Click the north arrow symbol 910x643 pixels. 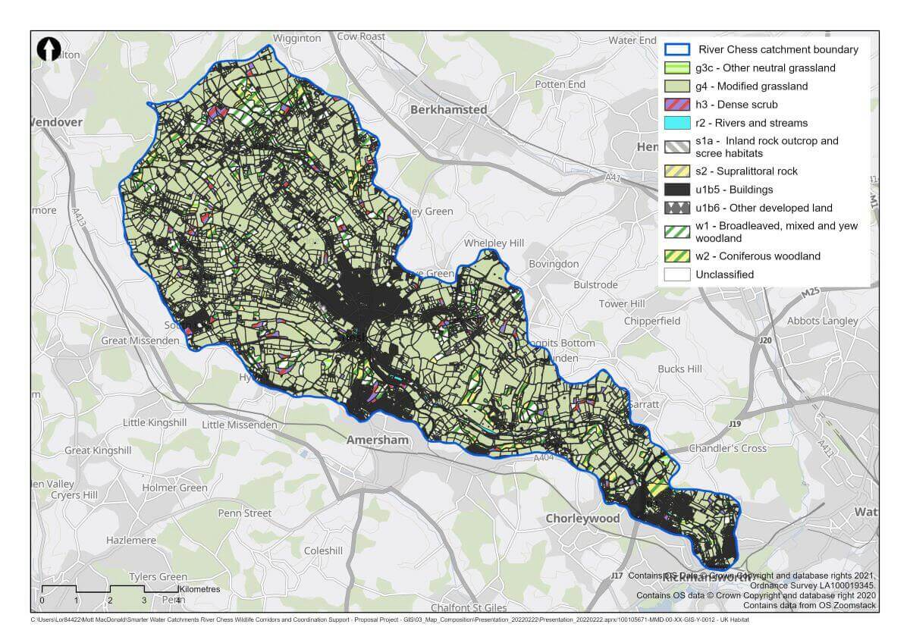[x=49, y=49]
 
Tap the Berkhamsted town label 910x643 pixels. [x=448, y=109]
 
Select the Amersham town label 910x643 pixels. [x=377, y=440]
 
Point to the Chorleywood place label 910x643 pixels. [x=582, y=519]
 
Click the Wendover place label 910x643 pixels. [x=57, y=121]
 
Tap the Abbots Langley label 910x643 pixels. [x=823, y=320]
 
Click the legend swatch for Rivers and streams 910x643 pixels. [x=676, y=123]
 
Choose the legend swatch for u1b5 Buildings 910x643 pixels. [x=676, y=190]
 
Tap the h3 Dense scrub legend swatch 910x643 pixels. [x=676, y=105]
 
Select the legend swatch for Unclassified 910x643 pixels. [x=676, y=274]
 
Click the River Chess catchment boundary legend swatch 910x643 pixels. [x=676, y=50]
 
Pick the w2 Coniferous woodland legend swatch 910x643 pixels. [x=676, y=256]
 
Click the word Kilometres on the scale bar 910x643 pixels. [x=199, y=588]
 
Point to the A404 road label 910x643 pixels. [x=543, y=458]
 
